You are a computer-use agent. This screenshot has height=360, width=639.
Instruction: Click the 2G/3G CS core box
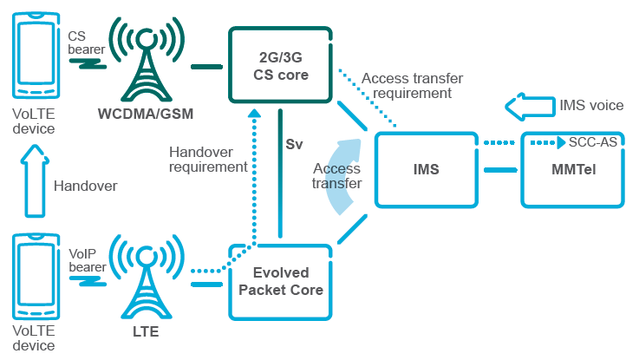coord(279,66)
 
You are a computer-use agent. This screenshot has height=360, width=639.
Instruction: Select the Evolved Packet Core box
coord(281,281)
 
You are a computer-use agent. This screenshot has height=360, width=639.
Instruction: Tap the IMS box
coord(426,169)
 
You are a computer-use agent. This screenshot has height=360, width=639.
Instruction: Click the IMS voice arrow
coord(527,108)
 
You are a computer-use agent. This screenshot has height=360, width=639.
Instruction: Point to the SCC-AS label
coord(593,142)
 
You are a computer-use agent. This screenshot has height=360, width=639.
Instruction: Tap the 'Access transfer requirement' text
coord(407,85)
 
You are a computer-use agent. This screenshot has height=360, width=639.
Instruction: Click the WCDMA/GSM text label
coord(147,114)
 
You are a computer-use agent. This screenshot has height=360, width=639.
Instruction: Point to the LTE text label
coord(146,331)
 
